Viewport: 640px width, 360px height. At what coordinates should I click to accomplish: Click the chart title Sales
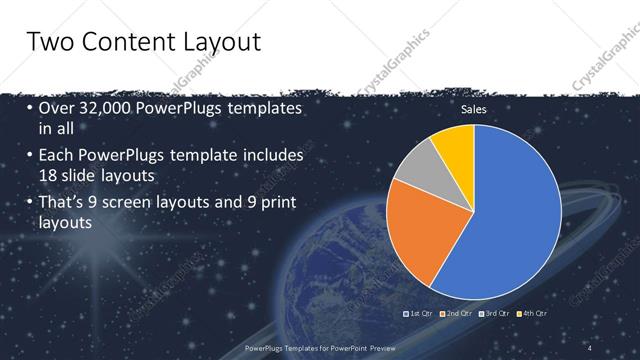(x=473, y=110)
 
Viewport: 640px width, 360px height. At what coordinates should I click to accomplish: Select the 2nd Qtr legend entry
(x=457, y=314)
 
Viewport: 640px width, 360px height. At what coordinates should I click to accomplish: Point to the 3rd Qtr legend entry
(x=496, y=314)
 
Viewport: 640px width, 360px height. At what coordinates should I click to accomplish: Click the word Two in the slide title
(x=51, y=43)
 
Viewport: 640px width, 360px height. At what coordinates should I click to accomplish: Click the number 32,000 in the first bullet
(x=106, y=108)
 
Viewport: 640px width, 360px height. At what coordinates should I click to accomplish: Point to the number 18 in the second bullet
(x=50, y=175)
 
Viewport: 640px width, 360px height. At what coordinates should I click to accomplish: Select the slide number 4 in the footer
(x=591, y=347)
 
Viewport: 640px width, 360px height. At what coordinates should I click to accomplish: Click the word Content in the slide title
(x=127, y=43)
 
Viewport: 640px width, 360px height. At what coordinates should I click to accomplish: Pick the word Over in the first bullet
(x=57, y=108)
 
